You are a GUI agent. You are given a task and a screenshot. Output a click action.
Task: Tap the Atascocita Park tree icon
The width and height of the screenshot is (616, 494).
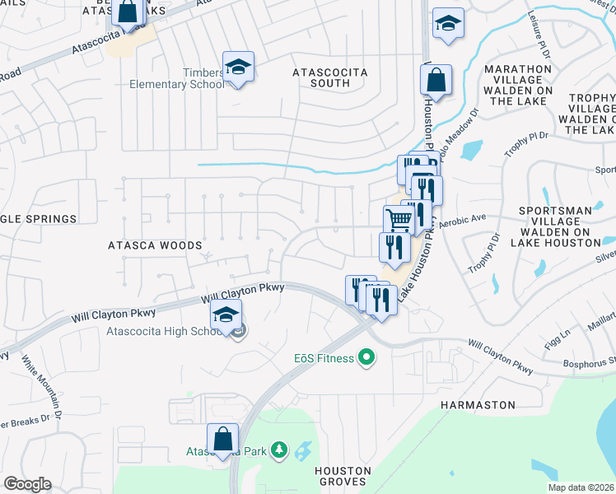[x=280, y=450]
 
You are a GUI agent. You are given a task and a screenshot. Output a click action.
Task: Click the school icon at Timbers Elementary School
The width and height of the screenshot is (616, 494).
[x=238, y=67]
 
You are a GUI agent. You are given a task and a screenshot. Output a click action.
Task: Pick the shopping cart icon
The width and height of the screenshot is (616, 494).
[x=398, y=220]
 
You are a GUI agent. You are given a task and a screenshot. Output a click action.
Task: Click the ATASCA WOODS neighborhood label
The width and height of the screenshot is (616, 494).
[x=155, y=245]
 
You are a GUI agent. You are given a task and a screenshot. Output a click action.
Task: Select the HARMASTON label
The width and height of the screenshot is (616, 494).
[x=478, y=405]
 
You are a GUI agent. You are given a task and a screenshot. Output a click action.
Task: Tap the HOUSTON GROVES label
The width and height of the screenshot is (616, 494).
[x=343, y=477]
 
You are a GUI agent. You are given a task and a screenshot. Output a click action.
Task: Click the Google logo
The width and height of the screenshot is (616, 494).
[x=27, y=484]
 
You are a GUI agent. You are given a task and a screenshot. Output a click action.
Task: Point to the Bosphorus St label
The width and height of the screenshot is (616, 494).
[x=590, y=361]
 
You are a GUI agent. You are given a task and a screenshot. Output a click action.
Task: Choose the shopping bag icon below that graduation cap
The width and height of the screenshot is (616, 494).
[x=436, y=80]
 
